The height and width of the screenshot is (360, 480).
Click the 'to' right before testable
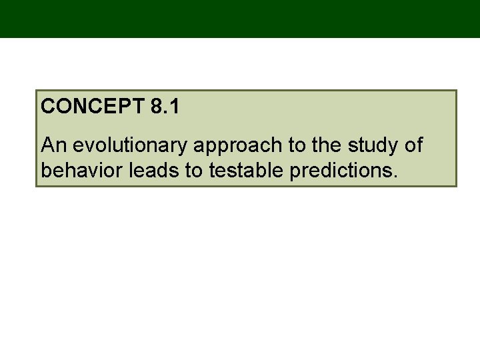pyautogui.click(x=195, y=171)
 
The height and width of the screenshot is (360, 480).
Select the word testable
pyautogui.click(x=247, y=170)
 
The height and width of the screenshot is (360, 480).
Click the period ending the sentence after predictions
pyautogui.click(x=396, y=176)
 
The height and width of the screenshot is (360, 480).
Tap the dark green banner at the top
pyautogui.click(x=240, y=19)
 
